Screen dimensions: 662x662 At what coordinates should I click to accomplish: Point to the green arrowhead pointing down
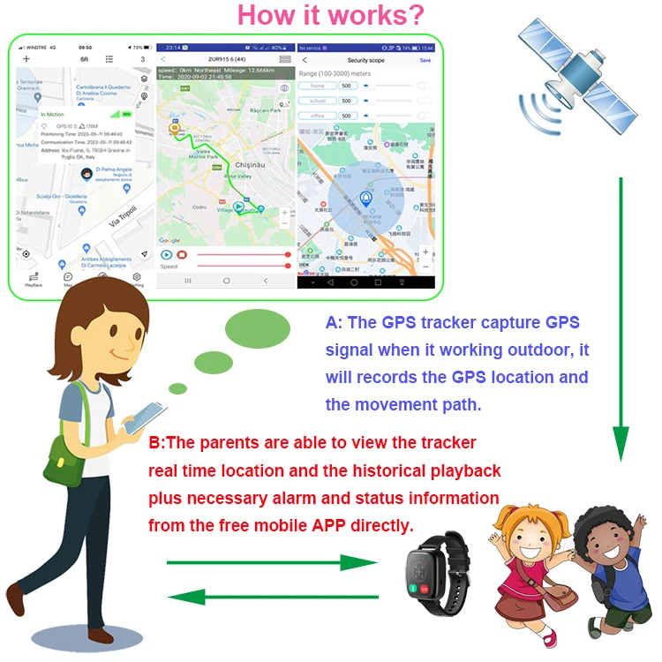tap(621, 441)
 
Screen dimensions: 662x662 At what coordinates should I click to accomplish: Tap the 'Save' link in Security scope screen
tap(425, 60)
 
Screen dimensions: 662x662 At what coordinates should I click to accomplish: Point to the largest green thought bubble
tap(258, 328)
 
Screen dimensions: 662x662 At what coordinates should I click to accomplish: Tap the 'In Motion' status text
tap(53, 115)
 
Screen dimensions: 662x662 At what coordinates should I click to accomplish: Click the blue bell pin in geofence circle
tap(365, 199)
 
